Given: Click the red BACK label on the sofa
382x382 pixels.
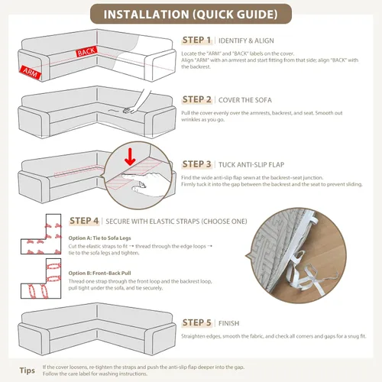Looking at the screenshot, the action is [86, 52].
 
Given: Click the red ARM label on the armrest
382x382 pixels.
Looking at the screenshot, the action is [31, 73].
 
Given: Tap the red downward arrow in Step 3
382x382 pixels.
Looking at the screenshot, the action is [130, 157].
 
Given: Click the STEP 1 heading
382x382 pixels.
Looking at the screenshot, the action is [196, 40].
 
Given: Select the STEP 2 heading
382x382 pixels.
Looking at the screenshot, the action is [196, 99].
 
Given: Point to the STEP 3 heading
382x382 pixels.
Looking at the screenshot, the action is [196, 164].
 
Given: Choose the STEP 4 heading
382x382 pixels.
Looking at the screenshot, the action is [84, 221].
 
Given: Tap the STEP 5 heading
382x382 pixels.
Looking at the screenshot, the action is [196, 322].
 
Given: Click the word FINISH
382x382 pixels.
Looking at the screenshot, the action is [228, 323].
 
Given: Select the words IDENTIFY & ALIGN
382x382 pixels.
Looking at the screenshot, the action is [246, 40].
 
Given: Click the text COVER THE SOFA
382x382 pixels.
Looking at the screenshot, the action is [245, 100].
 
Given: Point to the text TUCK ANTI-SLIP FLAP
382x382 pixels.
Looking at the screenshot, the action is [251, 165].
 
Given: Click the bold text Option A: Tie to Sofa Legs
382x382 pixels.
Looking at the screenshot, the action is [99, 238].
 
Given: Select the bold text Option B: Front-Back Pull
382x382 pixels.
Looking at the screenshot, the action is [99, 274].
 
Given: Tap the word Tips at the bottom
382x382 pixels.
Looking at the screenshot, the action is [28, 371].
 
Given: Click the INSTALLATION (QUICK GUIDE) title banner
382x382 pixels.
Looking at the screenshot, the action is [191, 14].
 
